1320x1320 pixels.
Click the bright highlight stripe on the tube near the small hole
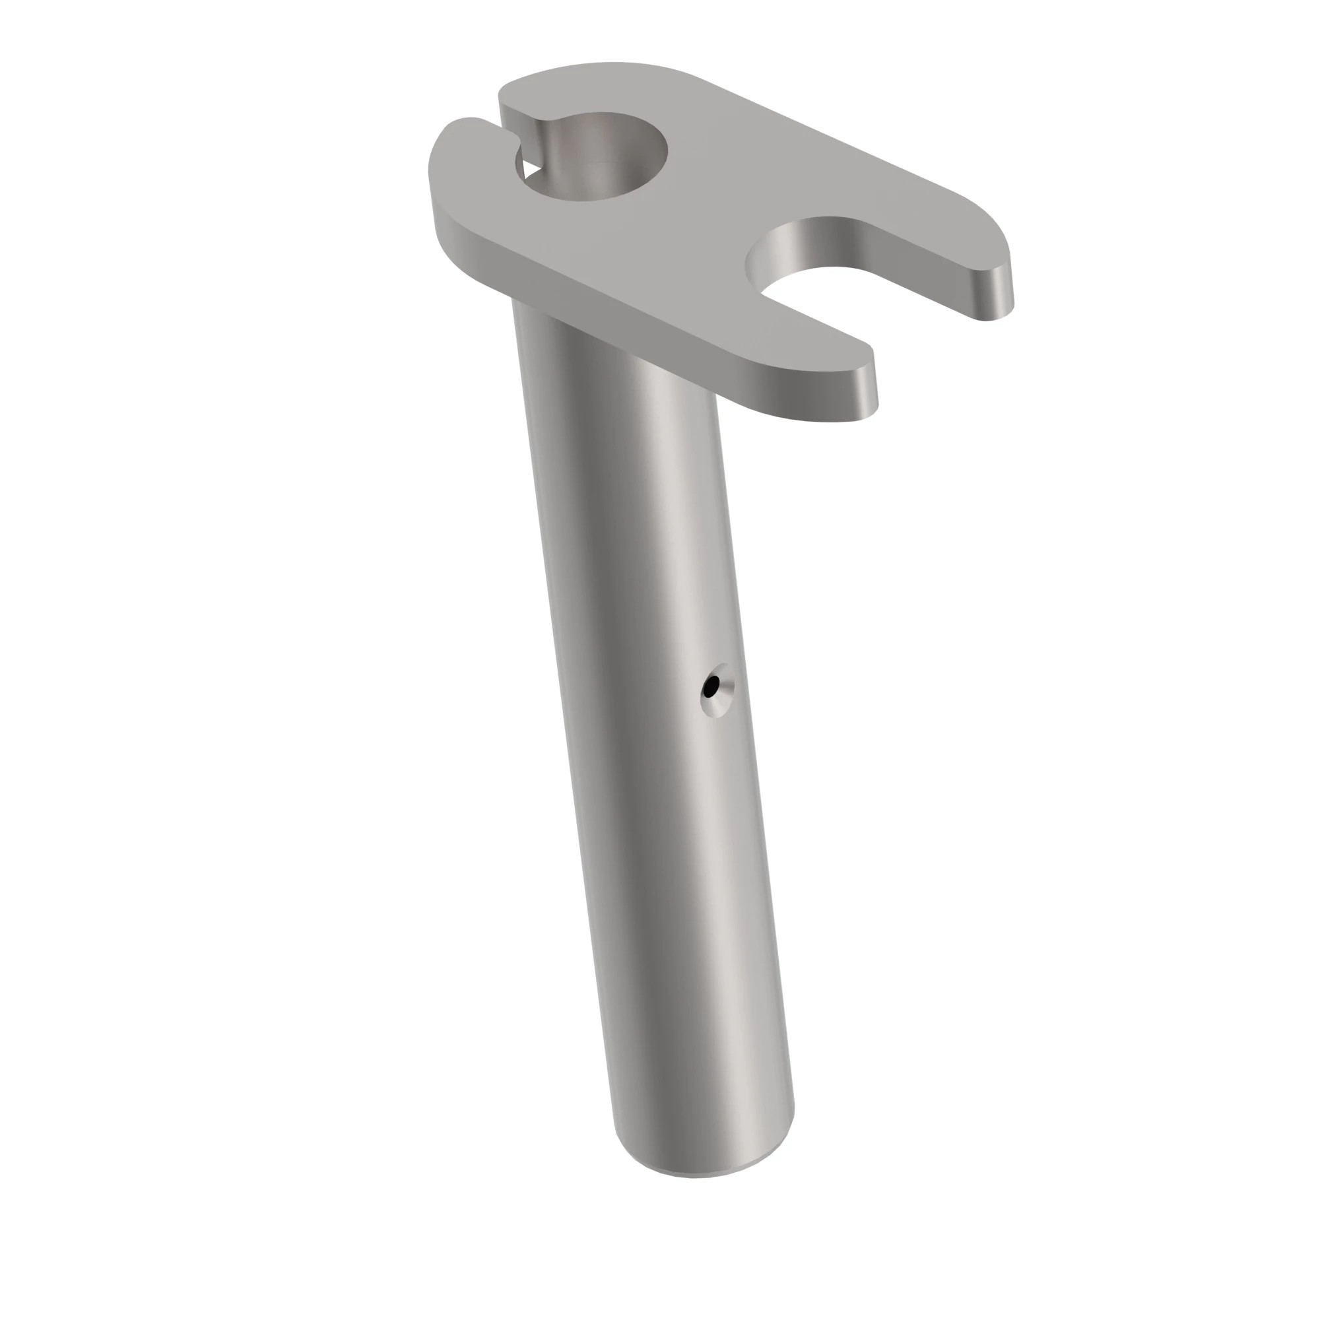click(683, 683)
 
